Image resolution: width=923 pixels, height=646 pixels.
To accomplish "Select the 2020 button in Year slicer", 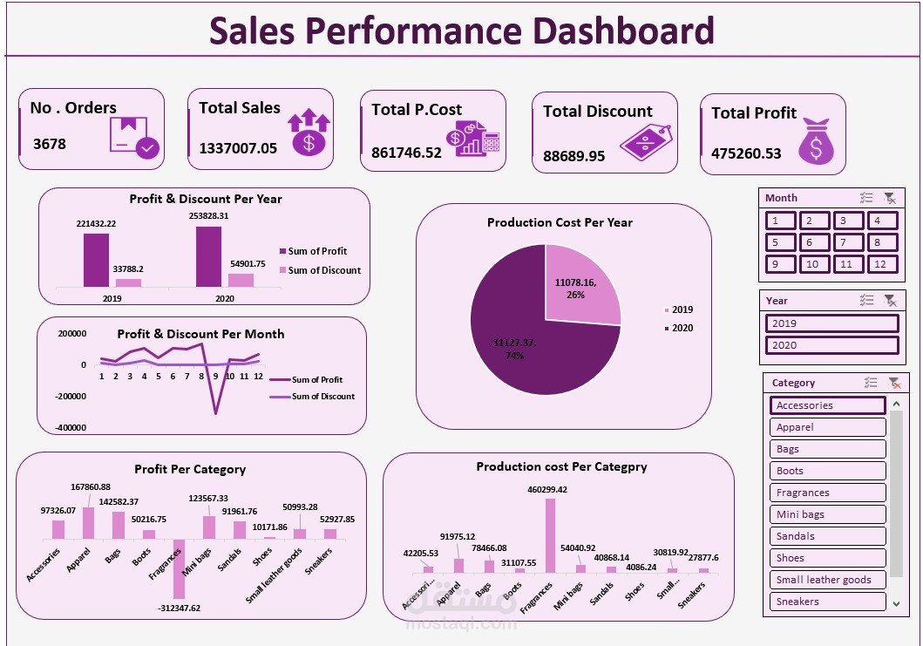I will tap(831, 345).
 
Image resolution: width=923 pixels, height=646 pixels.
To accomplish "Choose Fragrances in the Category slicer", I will tap(827, 493).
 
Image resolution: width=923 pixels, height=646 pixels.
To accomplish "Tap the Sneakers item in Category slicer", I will tap(827, 602).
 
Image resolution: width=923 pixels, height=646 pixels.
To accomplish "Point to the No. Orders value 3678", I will tap(50, 144).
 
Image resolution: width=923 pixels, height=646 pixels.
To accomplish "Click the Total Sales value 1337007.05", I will tap(238, 148).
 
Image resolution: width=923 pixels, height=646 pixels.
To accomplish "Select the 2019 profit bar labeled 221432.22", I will tap(96, 260).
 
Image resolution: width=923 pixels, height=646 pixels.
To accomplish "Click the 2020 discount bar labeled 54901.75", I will tap(241, 280).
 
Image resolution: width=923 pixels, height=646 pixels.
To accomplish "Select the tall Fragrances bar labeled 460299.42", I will tap(550, 534).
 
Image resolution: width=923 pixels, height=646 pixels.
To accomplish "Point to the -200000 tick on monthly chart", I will tap(71, 396).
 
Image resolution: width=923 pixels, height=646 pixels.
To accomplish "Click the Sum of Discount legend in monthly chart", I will tap(322, 397).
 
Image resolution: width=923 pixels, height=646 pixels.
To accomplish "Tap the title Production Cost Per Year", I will tap(560, 222).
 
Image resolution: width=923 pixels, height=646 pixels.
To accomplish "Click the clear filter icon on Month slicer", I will tap(889, 198).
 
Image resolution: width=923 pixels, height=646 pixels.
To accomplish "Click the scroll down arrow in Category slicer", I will tap(895, 602).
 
